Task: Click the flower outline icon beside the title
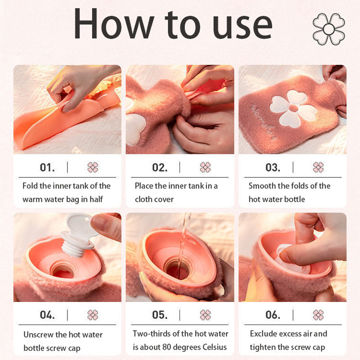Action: (x=328, y=29)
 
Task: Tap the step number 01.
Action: (x=47, y=167)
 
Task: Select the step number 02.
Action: (x=160, y=167)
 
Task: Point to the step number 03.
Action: (x=273, y=167)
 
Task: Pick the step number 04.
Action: (x=47, y=315)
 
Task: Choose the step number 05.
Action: (x=160, y=315)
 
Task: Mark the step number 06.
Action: (x=273, y=315)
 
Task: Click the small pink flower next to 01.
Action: (x=93, y=167)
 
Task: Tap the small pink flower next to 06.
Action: (x=318, y=315)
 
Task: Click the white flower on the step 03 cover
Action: (x=293, y=108)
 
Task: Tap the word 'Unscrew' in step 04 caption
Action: (x=39, y=335)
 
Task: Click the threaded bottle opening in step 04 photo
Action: (x=62, y=270)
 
